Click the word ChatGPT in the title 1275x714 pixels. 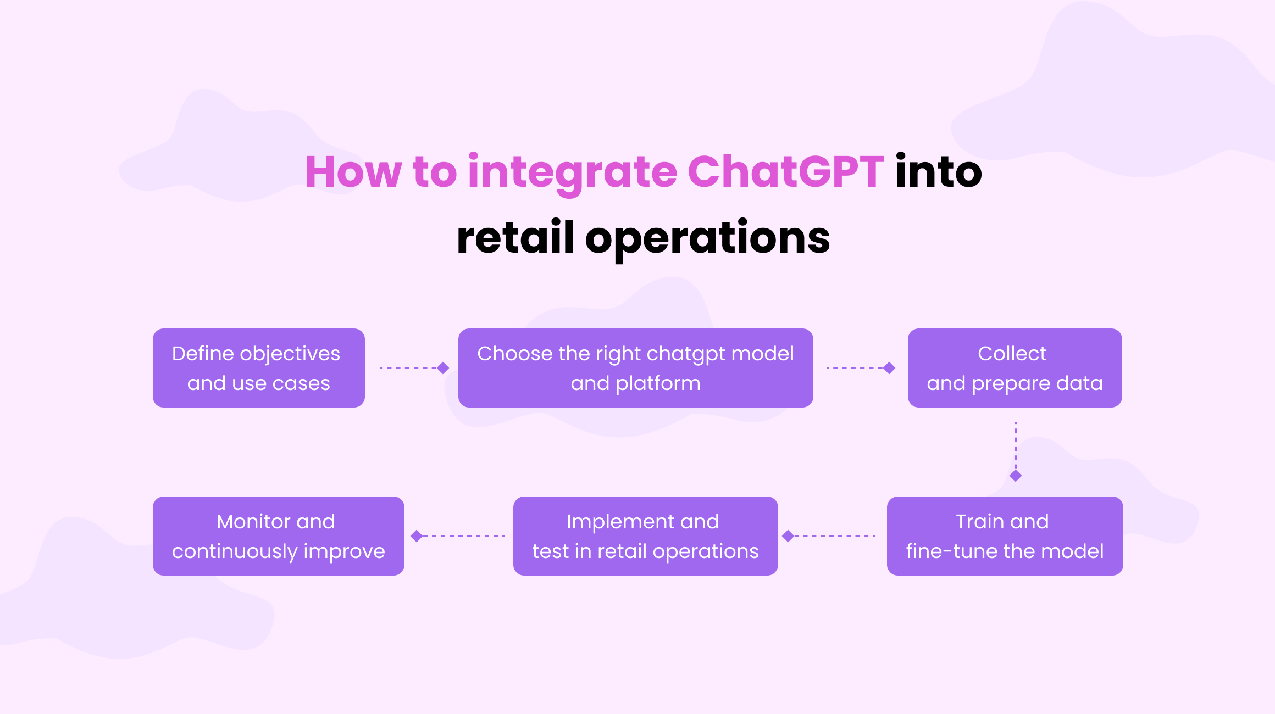[785, 172]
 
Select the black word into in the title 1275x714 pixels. [938, 172]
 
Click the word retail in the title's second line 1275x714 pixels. [515, 238]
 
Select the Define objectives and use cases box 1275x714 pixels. [258, 368]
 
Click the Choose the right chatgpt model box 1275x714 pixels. [635, 368]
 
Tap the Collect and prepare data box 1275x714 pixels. [1015, 368]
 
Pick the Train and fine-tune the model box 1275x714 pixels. [1005, 536]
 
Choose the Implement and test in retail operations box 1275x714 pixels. [645, 536]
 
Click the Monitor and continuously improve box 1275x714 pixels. [278, 536]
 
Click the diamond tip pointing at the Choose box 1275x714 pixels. [443, 368]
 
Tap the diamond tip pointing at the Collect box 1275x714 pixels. [889, 368]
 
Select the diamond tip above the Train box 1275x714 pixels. [1016, 476]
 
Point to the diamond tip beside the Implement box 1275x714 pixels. [788, 536]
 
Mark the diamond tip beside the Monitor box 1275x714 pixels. [417, 536]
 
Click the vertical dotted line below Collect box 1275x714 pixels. [1016, 445]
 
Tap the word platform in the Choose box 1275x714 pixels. [658, 384]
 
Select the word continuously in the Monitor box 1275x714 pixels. [235, 551]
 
